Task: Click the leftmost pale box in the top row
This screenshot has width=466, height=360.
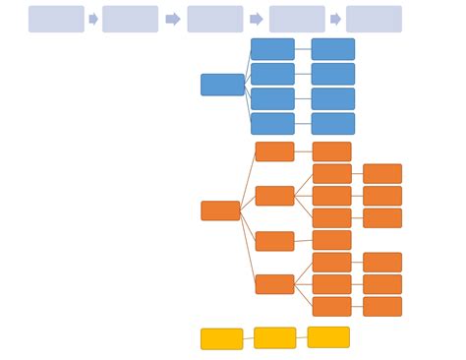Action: pos(56,19)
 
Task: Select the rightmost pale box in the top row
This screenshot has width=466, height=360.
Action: pos(374,19)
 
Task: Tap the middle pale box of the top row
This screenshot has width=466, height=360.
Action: pos(214,19)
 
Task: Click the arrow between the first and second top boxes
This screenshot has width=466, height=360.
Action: pos(93,19)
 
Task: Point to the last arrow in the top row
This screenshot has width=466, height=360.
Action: pos(335,19)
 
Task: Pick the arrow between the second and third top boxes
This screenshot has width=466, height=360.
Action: pos(172,19)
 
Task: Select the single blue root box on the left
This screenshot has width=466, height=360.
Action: pos(222,85)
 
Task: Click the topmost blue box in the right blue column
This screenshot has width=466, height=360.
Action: pos(333,49)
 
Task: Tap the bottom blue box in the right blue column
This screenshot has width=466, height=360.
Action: pos(333,124)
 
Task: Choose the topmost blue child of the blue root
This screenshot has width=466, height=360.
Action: pos(272,49)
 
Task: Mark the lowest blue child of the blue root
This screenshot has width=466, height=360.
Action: pos(272,124)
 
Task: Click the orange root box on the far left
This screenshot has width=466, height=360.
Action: pos(220,210)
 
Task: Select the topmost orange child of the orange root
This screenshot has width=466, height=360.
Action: pos(274,151)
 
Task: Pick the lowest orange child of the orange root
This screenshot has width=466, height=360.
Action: pos(274,284)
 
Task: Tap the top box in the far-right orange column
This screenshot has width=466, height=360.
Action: pos(382,174)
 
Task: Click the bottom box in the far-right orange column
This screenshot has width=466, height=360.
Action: pos(382,307)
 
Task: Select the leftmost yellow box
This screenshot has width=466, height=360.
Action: pos(222,339)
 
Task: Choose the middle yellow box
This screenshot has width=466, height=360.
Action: pos(274,338)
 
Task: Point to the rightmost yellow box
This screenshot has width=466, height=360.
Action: pos(328,337)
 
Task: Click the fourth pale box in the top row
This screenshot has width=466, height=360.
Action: pos(297,19)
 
